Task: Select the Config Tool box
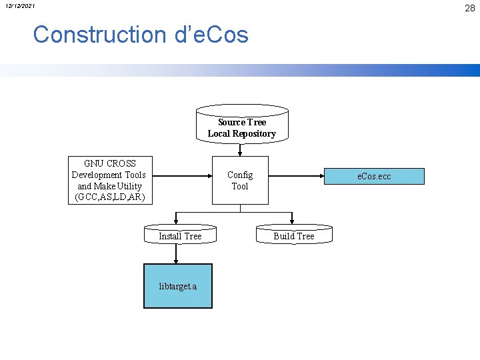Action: [x=240, y=181]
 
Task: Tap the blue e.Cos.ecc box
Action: [x=374, y=176]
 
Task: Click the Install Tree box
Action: [x=180, y=235]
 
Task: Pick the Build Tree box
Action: [x=293, y=235]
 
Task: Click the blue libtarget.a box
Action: [x=178, y=286]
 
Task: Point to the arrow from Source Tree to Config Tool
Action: [x=241, y=151]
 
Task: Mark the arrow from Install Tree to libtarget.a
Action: [x=177, y=254]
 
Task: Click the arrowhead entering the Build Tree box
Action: [x=292, y=221]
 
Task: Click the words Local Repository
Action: [x=241, y=133]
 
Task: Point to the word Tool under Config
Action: [x=240, y=186]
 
